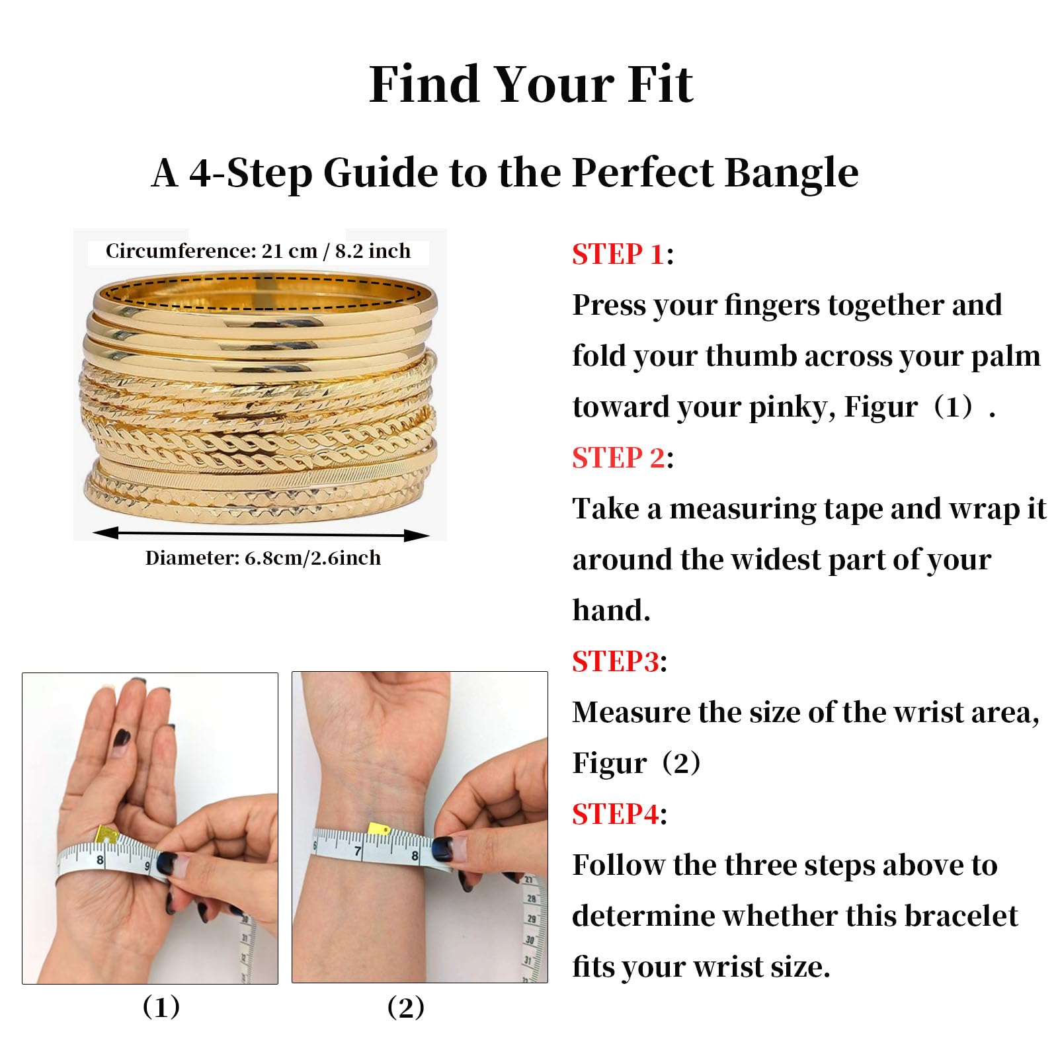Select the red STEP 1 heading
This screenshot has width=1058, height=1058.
point(618,254)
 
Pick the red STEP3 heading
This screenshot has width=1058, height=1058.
point(616,661)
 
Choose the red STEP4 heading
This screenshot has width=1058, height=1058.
point(616,814)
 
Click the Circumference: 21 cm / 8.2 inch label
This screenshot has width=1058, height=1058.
point(258,251)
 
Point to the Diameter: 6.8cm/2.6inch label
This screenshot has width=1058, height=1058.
point(263,558)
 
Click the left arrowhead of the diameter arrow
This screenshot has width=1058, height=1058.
point(105,532)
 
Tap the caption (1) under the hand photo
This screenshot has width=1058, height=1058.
point(161,1007)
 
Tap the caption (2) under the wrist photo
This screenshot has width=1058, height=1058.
point(406,1007)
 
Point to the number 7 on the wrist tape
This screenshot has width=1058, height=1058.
point(358,851)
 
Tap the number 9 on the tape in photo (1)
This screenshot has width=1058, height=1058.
point(147,866)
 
